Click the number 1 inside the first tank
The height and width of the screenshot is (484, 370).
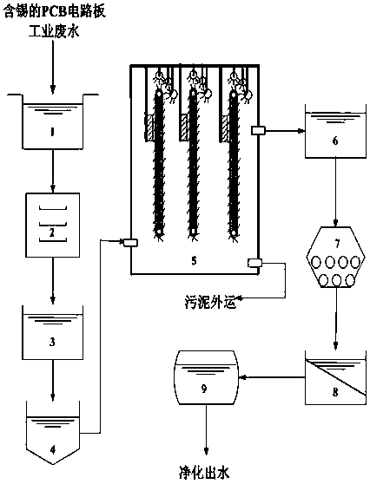[52, 132]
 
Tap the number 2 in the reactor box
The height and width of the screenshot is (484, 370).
[51, 232]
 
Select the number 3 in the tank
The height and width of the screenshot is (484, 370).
[52, 342]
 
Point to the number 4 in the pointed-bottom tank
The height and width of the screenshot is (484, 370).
[53, 450]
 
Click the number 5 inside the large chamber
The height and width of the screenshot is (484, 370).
[194, 261]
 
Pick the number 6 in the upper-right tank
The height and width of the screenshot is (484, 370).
[335, 141]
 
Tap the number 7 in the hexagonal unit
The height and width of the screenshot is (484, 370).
[337, 244]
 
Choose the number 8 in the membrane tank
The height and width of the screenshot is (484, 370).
[335, 392]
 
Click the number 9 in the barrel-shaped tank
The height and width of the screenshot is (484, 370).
[204, 389]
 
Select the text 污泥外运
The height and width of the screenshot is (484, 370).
[211, 303]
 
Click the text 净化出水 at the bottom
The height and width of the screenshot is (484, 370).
[204, 472]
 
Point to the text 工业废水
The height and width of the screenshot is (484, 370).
[54, 32]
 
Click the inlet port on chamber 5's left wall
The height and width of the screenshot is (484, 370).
[130, 243]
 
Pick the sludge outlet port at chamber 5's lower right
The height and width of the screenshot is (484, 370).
[254, 263]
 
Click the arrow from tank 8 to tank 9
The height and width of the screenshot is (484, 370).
[272, 377]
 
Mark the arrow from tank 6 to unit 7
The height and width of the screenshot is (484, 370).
[336, 192]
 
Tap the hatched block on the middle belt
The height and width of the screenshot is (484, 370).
[184, 128]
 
